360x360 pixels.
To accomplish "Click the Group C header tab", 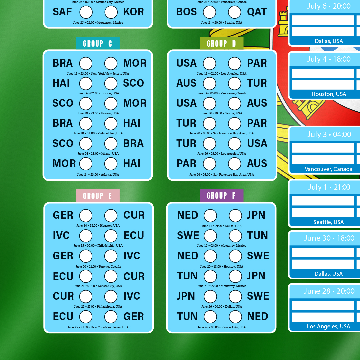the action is (x=98, y=43).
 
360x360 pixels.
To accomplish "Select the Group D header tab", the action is (x=222, y=43).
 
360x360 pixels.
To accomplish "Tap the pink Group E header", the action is (x=98, y=196).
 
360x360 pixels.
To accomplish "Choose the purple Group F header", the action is (x=222, y=196).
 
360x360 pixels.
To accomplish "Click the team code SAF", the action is (x=62, y=12).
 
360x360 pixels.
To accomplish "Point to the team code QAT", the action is (x=257, y=12).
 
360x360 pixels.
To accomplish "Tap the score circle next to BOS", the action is (x=209, y=12).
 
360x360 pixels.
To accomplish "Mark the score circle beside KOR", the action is (x=111, y=12).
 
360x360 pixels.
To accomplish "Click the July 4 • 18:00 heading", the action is (x=329, y=59).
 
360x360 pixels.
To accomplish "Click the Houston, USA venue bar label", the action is (x=329, y=94).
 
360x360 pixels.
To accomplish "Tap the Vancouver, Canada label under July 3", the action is (x=329, y=169).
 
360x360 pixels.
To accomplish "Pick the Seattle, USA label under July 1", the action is (x=329, y=222).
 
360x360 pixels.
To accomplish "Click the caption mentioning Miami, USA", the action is (x=98, y=153).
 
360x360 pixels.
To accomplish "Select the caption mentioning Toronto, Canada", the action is (x=98, y=267).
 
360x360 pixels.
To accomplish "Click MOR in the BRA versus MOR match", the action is (x=135, y=63).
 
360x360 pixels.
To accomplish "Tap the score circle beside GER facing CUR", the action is (x=86, y=216).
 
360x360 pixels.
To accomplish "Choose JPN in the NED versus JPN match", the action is (x=256, y=215).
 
